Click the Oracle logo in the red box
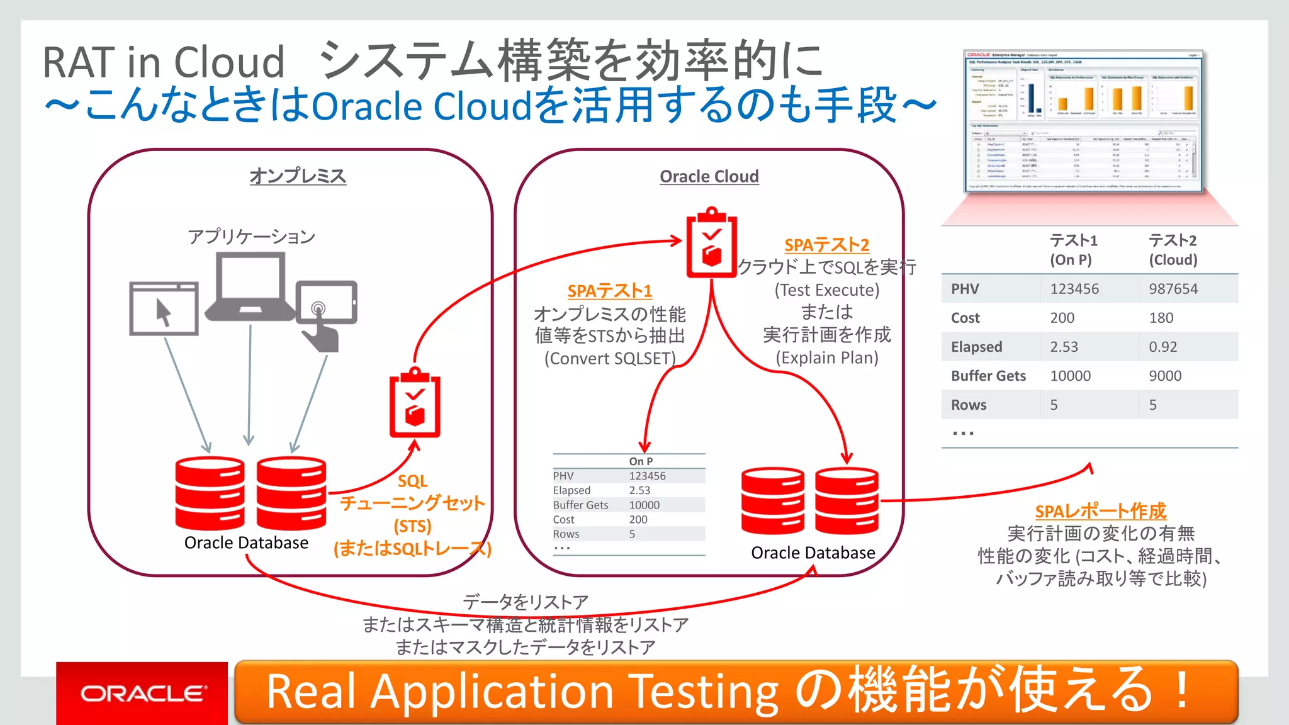(x=142, y=694)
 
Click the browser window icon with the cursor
(x=164, y=308)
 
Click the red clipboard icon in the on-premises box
(x=414, y=403)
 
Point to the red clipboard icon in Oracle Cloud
(x=711, y=243)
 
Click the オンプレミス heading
(x=298, y=176)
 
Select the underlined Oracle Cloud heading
(x=709, y=176)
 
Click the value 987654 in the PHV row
(x=1173, y=289)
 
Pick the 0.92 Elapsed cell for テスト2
(x=1162, y=347)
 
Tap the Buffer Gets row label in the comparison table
(x=988, y=376)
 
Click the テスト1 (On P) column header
(x=1073, y=250)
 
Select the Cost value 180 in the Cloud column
(x=1161, y=318)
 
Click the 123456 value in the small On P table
(x=647, y=476)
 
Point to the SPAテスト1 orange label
(x=609, y=291)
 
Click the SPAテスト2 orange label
(x=826, y=245)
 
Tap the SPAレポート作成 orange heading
(x=1100, y=511)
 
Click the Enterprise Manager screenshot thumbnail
(x=1083, y=121)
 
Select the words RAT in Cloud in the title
(x=164, y=62)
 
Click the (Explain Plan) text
(x=826, y=357)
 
